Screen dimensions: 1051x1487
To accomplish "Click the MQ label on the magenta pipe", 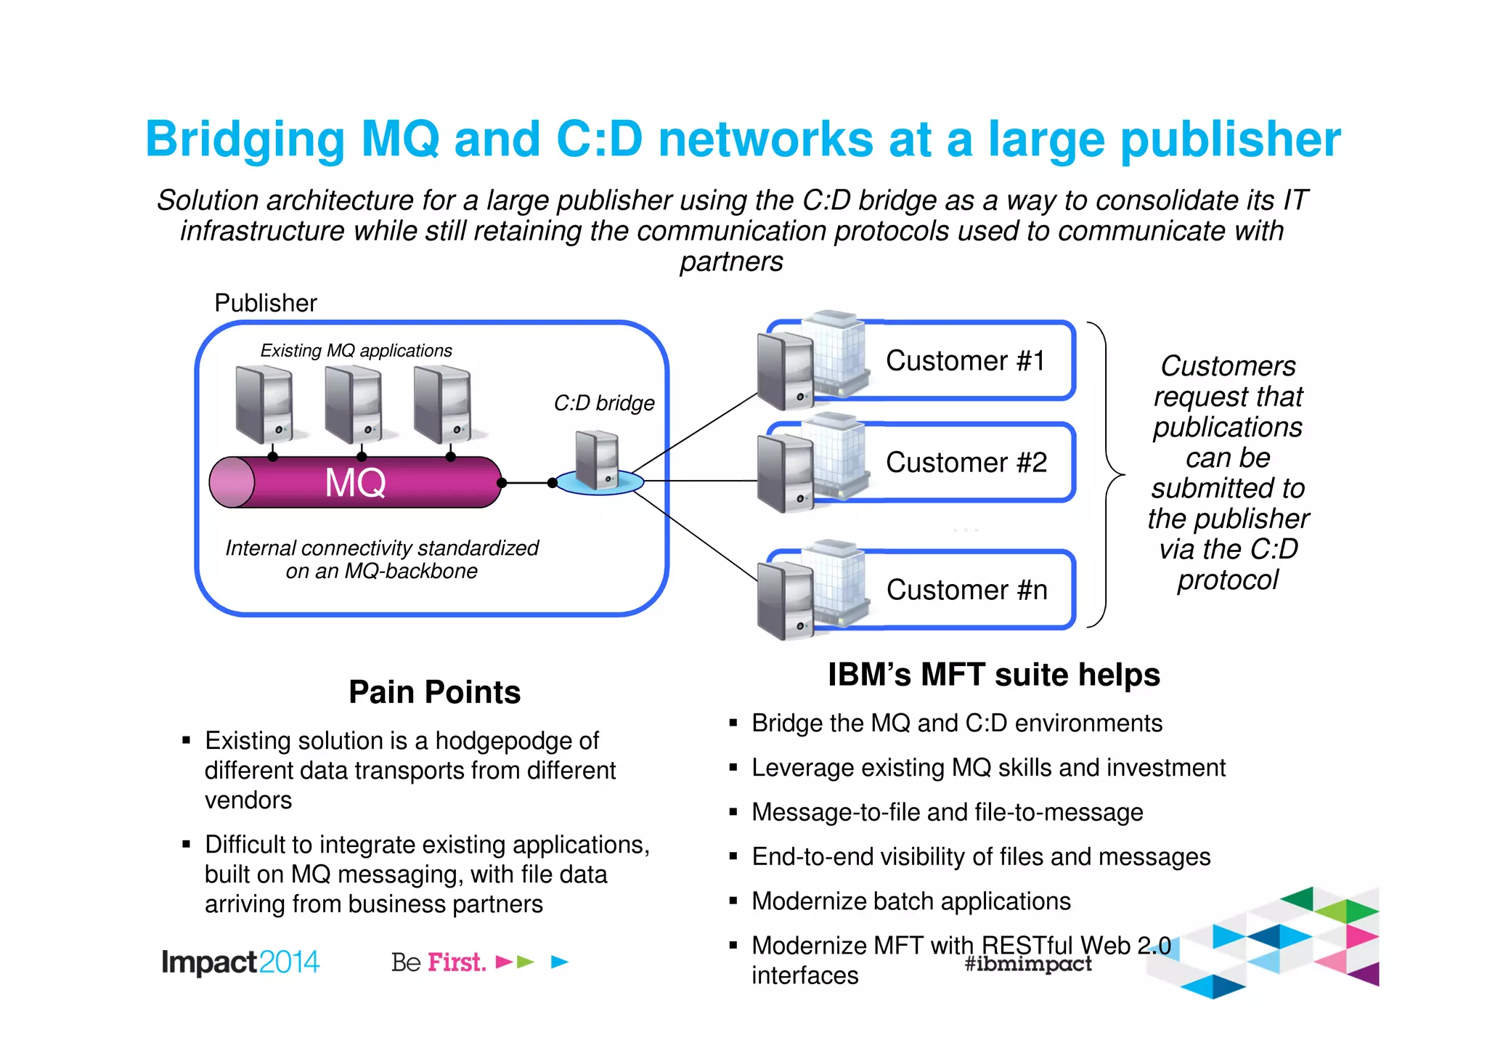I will (x=355, y=482).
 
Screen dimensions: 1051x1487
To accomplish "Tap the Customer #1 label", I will (x=965, y=360).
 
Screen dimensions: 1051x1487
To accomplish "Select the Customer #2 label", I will (x=966, y=462).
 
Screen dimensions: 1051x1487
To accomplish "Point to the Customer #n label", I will (x=966, y=590).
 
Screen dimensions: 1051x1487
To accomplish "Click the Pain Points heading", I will (x=434, y=691).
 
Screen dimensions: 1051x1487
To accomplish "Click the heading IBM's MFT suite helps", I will (x=993, y=674).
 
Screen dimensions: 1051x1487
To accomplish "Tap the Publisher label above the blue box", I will (x=266, y=303).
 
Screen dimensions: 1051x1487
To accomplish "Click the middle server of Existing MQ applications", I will (x=354, y=404).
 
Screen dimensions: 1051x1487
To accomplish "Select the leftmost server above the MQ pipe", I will (x=264, y=404).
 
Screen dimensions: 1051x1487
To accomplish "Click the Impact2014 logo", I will (x=240, y=962).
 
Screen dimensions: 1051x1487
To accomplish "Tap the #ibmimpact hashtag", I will (x=1028, y=964).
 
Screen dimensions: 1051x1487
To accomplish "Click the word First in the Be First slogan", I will (x=456, y=962).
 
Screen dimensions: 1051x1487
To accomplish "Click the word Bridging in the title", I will (x=245, y=139).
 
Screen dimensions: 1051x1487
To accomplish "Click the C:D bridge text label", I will (x=604, y=403).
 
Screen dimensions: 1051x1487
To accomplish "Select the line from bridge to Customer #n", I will (x=697, y=537).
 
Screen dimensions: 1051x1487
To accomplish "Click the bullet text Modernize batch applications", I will (x=910, y=901).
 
